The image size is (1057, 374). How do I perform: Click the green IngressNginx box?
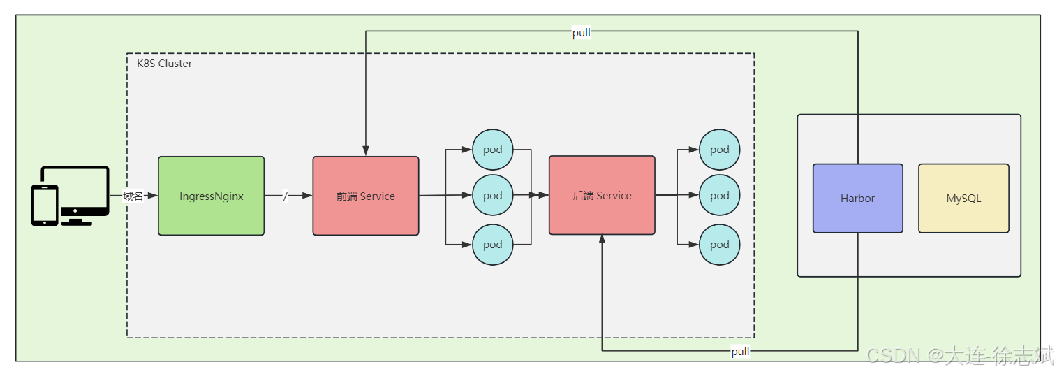211,196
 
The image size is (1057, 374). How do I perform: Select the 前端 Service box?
366,196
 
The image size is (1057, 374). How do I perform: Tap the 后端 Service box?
602,195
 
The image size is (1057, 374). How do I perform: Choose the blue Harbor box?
857,199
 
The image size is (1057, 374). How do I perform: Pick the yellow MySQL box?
963,199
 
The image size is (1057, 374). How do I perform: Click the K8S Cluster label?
164,64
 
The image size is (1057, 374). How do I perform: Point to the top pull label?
581,33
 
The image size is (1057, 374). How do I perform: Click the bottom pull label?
740,352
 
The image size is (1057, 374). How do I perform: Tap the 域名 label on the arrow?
133,196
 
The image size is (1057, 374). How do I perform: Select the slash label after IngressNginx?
285,196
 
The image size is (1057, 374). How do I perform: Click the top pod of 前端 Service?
493,150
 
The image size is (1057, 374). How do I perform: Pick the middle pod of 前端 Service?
493,195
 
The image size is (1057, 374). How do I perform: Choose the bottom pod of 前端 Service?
493,245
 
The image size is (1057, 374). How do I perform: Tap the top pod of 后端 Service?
719,150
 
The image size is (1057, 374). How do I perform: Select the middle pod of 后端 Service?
719,195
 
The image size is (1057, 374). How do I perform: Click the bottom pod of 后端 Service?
719,245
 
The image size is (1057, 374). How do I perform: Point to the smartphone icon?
45,205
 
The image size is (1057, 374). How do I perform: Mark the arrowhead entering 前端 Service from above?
366,150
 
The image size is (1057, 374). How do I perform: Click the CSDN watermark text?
960,355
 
